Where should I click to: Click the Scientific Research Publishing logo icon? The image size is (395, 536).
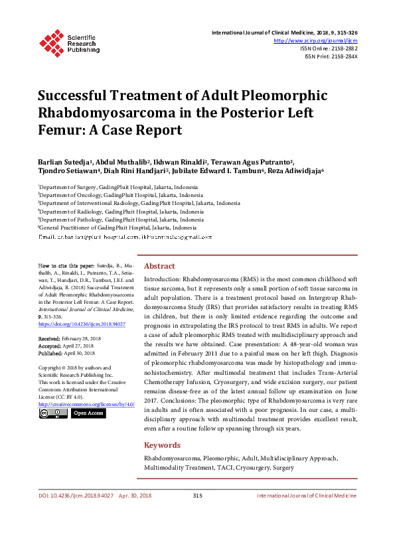[x=51, y=41]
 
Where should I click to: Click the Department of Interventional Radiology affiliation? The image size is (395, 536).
[x=139, y=204]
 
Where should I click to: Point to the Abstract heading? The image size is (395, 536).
[x=159, y=266]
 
